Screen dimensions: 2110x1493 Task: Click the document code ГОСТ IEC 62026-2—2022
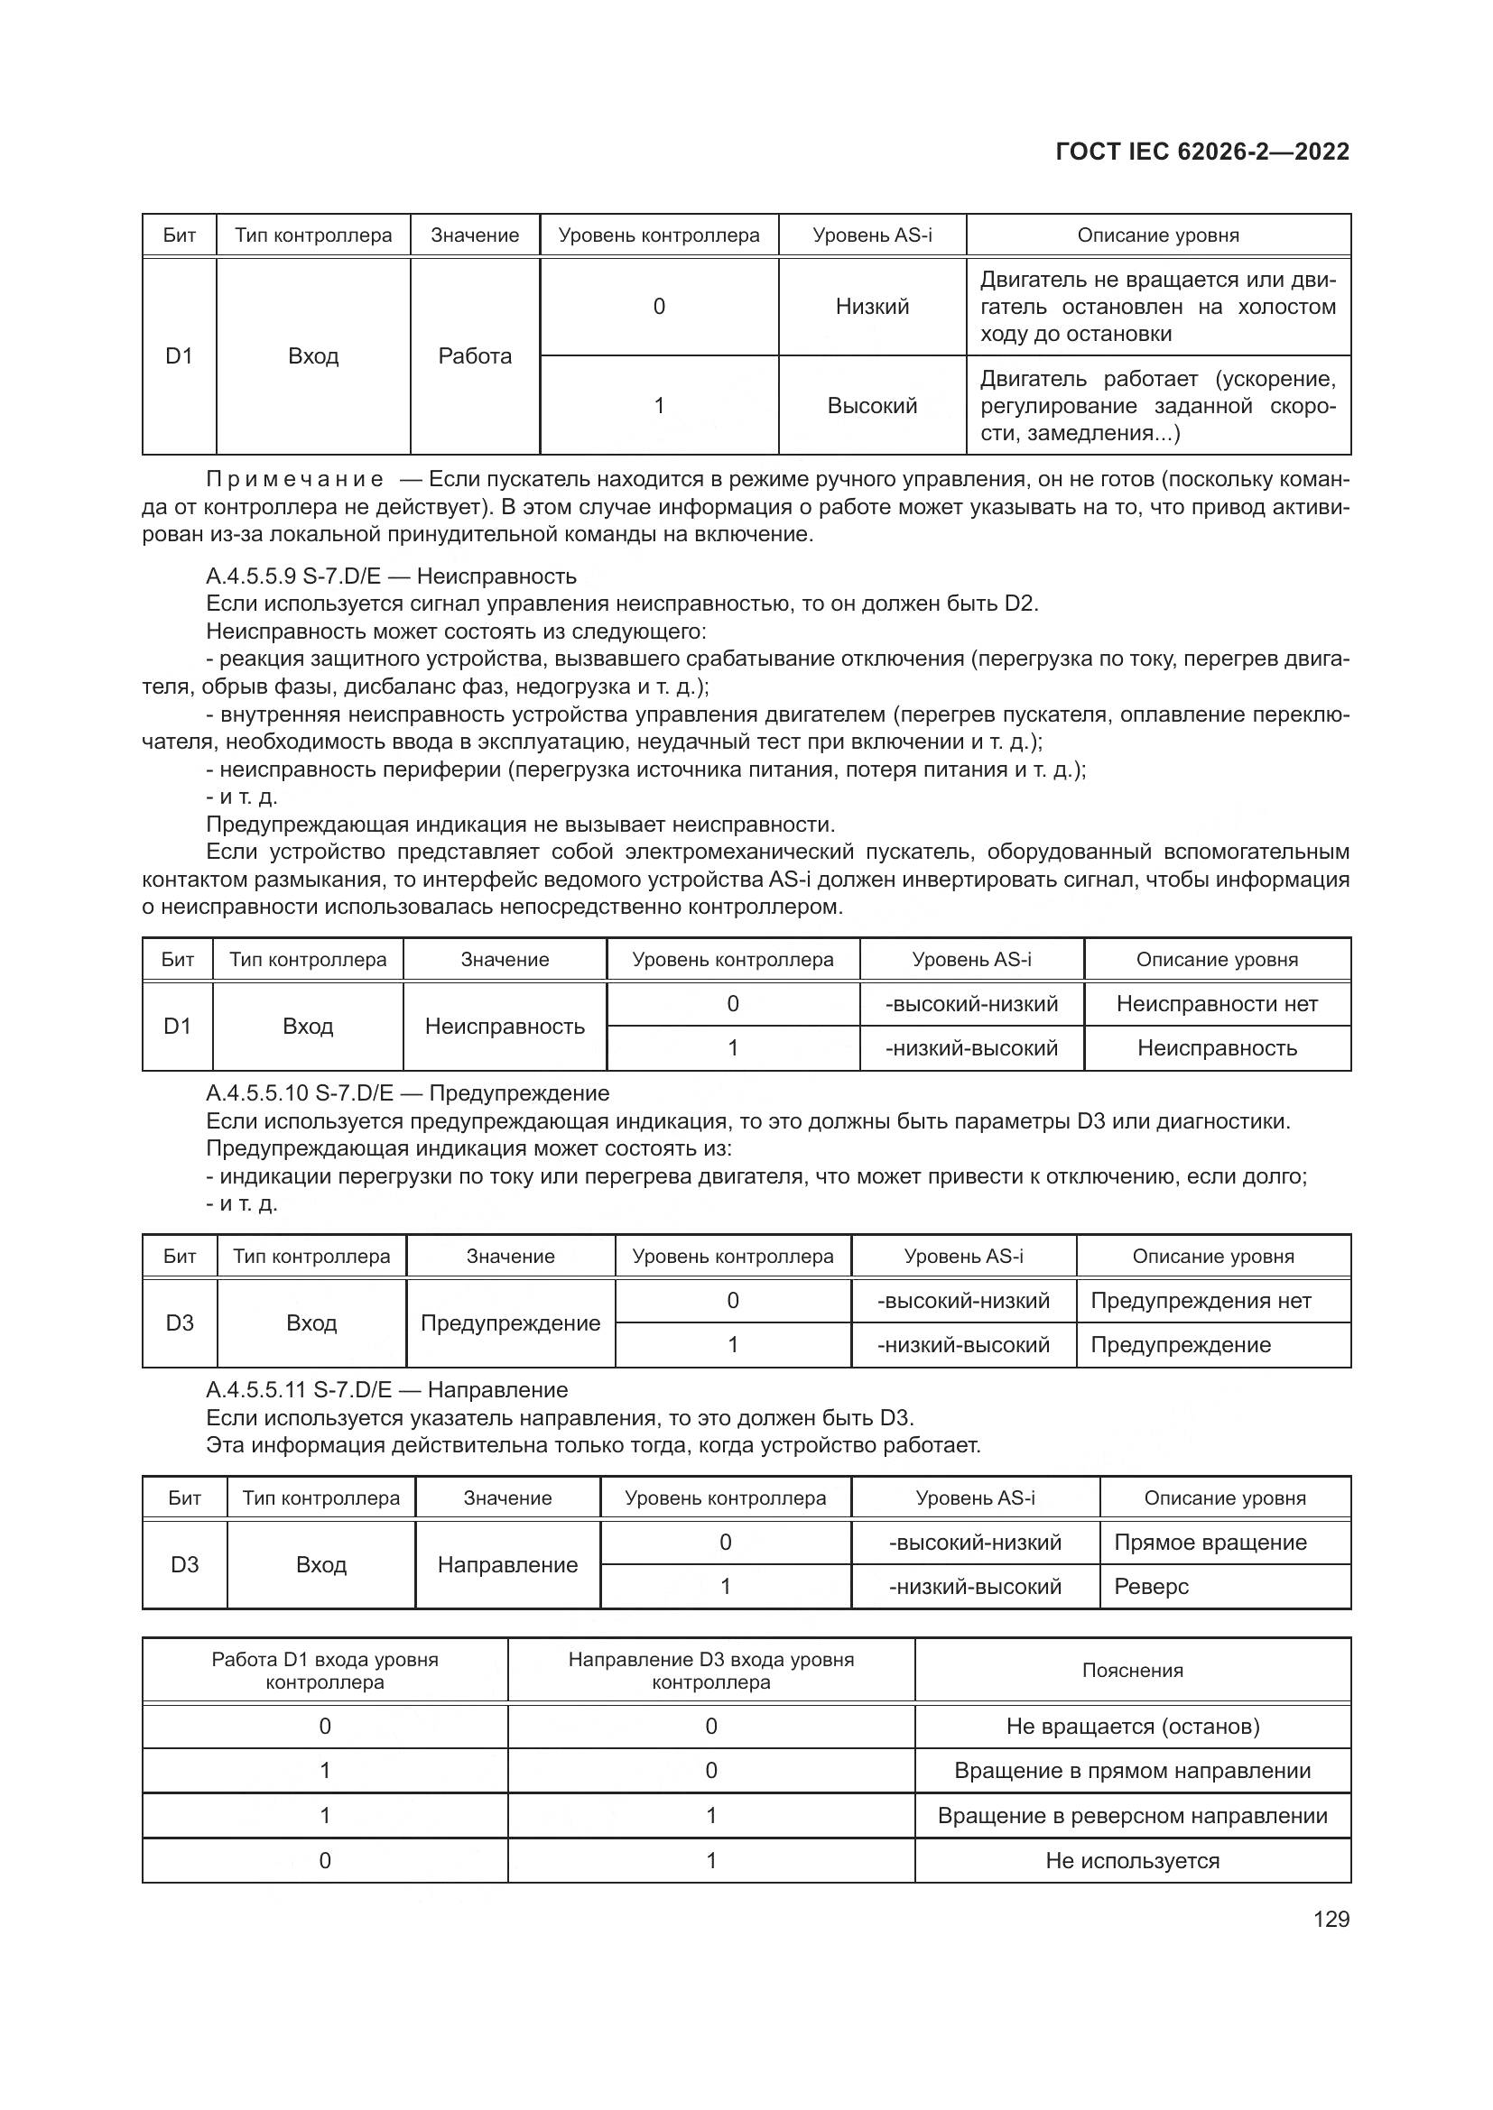pos(1202,152)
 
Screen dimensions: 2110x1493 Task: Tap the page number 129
pos(1331,1919)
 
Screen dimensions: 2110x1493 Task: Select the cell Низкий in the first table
pos(872,306)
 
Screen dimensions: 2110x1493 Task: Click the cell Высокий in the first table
pos(872,405)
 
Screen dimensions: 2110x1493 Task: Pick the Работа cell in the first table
pos(475,355)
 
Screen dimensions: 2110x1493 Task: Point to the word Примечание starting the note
pos(295,479)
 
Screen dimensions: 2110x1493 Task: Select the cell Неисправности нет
pos(1216,1003)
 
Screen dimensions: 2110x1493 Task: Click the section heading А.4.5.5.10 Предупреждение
pos(407,1092)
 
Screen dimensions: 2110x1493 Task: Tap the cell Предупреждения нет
pos(1201,1301)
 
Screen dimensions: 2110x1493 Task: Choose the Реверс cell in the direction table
pos(1151,1586)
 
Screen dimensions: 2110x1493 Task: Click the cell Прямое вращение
pos(1210,1542)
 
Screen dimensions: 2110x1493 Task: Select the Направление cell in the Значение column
pos(507,1564)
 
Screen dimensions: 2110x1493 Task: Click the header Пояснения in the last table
pos(1132,1671)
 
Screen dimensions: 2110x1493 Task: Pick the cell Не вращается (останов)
pos(1132,1726)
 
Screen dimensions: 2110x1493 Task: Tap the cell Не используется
pos(1132,1860)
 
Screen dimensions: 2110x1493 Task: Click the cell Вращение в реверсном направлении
pos(1132,1815)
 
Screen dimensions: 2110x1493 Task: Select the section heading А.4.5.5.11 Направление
pos(387,1389)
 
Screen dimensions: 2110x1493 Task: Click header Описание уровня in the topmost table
pos(1157,235)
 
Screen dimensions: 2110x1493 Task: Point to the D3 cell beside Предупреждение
pos(180,1322)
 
